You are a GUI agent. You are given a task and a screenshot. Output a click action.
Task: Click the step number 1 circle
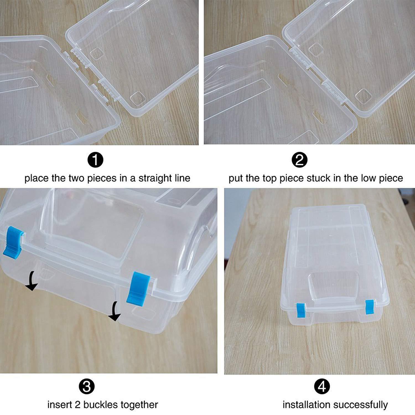tap(95, 160)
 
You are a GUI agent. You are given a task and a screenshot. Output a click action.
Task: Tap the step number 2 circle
tap(300, 160)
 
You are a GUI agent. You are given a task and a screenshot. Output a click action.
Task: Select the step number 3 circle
tap(87, 387)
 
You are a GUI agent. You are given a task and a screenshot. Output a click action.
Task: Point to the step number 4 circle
tap(322, 387)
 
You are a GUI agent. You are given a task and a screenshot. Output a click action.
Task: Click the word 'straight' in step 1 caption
tap(154, 178)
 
